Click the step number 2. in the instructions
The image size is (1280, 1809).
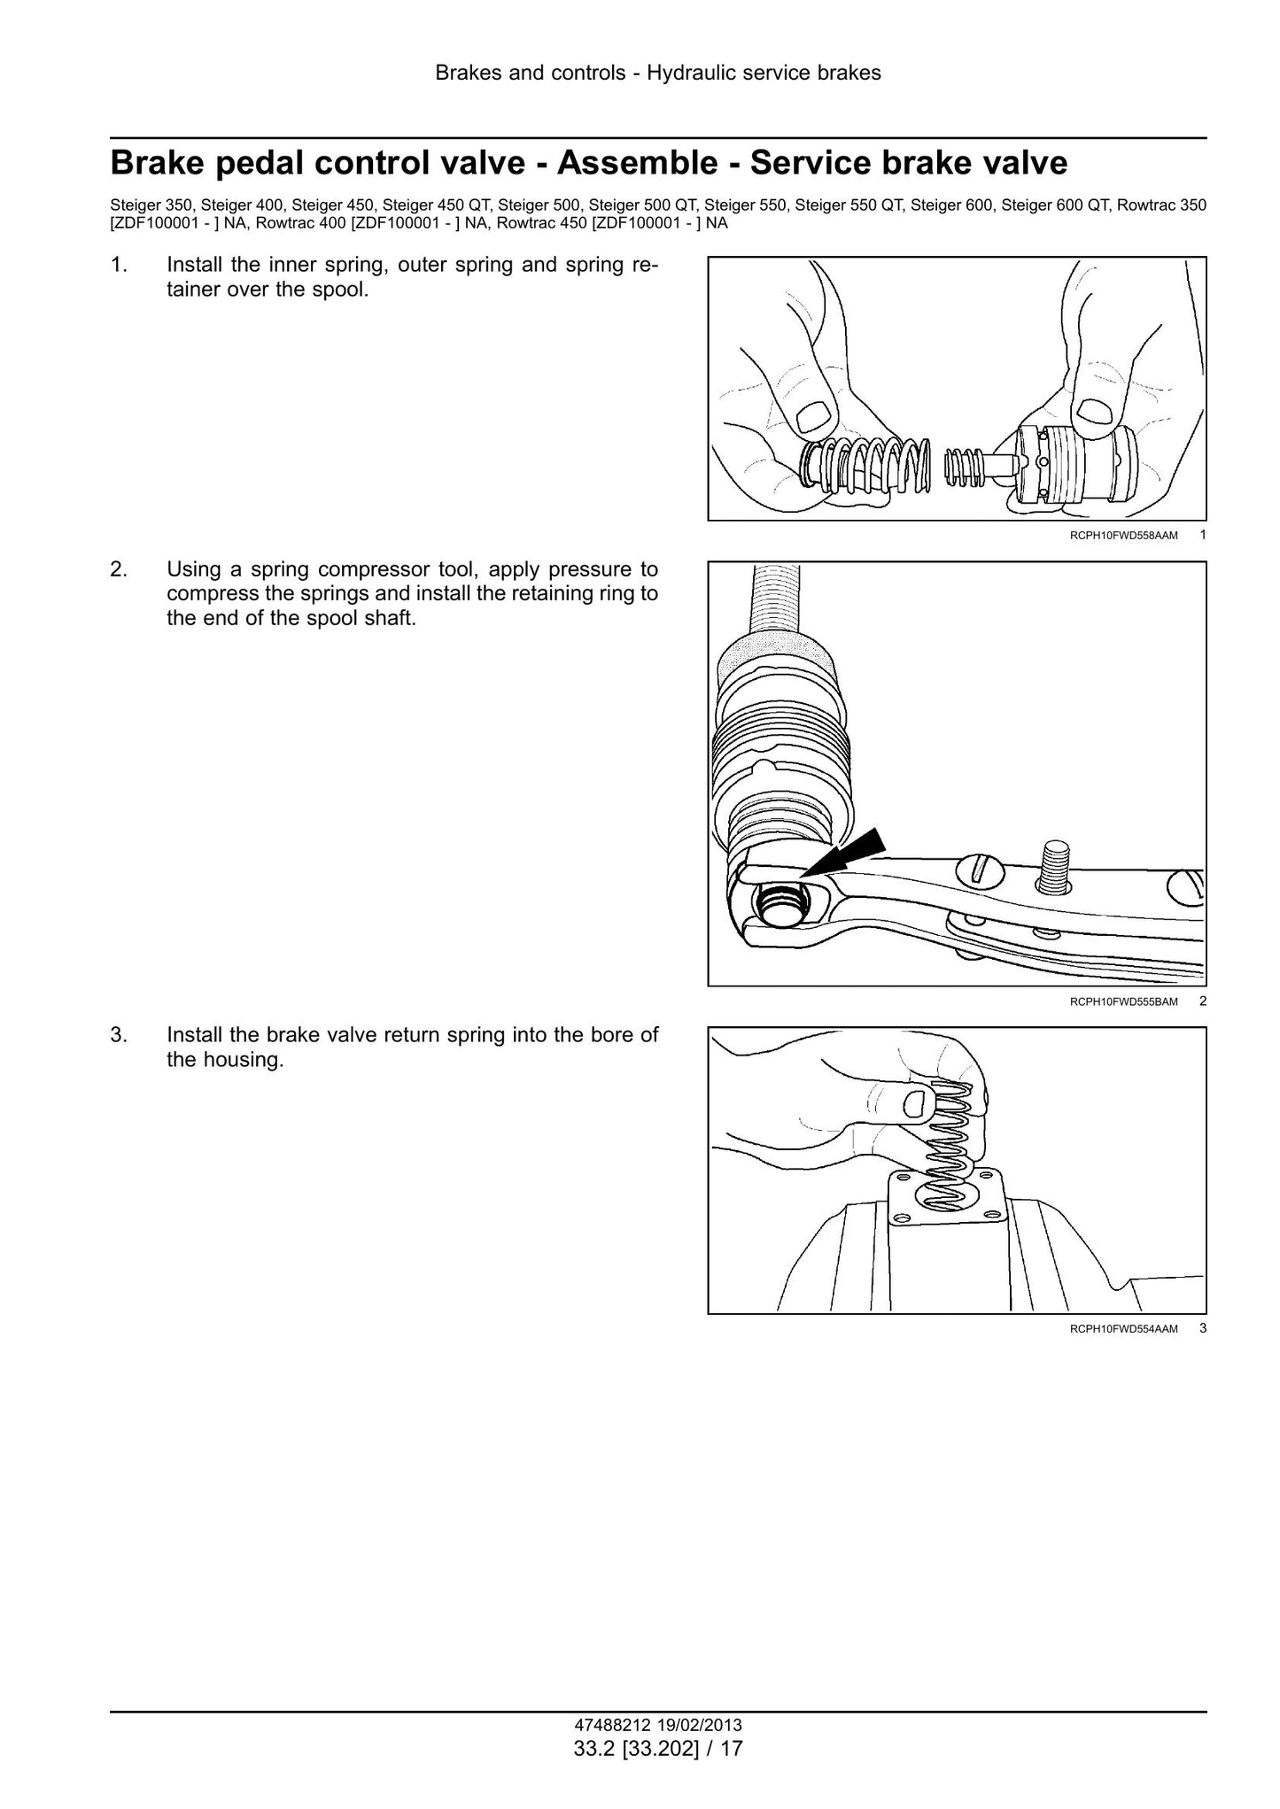click(x=118, y=568)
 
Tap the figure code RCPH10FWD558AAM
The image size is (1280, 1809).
click(x=1123, y=535)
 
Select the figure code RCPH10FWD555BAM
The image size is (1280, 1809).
click(x=1123, y=1001)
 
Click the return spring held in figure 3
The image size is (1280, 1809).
click(x=949, y=1151)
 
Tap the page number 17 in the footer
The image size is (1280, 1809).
click(x=732, y=1748)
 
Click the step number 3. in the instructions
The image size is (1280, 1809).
click(x=118, y=1035)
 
